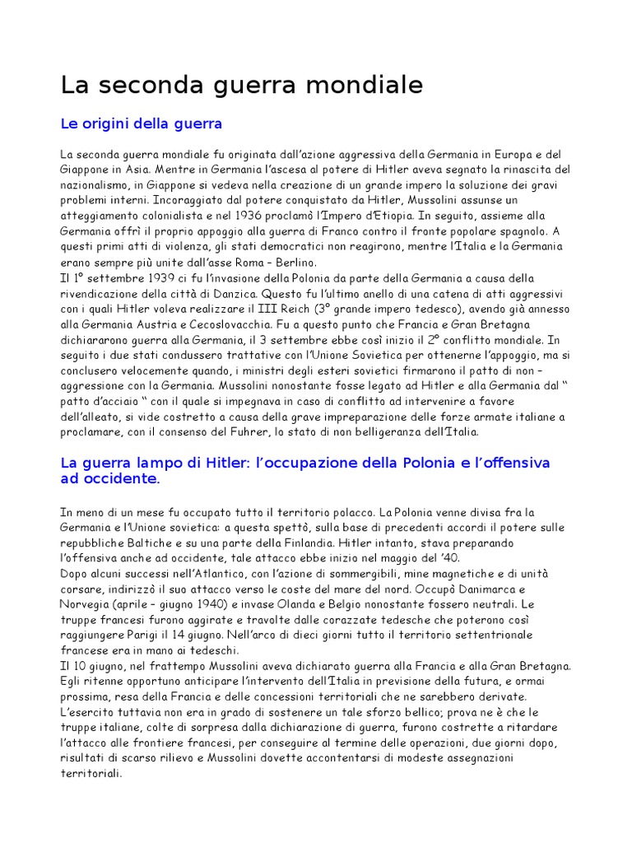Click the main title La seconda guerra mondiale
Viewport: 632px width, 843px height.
click(243, 85)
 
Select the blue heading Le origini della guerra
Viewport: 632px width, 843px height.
click(142, 124)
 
